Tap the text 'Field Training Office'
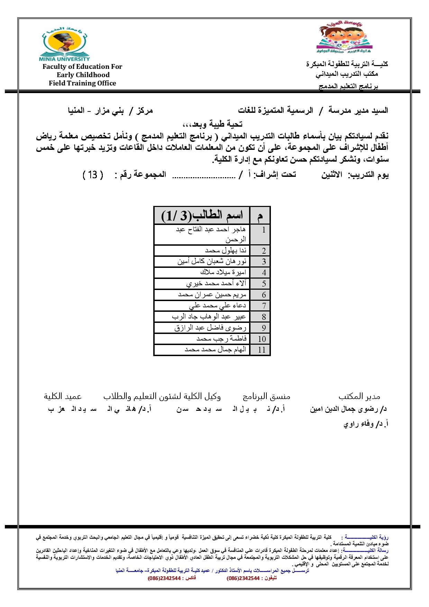coord(82,83)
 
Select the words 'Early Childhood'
coord(83,75)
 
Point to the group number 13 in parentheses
coord(93,175)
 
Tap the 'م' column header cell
coord(260,216)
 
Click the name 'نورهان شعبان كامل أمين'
coord(212,262)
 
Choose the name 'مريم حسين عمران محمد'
coord(212,295)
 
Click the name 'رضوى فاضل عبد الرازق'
coord(210,328)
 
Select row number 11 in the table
coord(262,350)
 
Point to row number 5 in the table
coord(264,284)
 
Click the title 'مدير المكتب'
coord(359,396)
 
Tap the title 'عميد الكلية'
coord(63,396)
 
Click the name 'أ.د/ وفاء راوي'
coord(365,424)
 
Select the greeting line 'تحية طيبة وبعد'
coord(212,124)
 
